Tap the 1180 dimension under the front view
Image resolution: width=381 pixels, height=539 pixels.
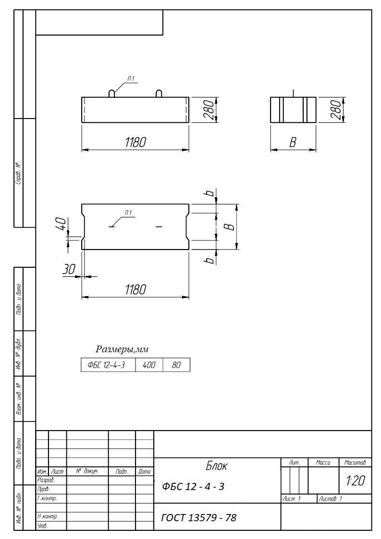coord(135,142)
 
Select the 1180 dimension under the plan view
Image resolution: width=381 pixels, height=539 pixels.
coord(135,289)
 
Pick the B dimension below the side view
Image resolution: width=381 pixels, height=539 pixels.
coord(293,143)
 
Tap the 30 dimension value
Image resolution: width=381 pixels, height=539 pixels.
coord(69,269)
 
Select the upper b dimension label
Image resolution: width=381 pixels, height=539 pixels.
coord(210,193)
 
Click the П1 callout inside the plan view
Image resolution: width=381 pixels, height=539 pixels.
coord(128,213)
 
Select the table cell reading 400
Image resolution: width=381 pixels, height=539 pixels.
coord(149,365)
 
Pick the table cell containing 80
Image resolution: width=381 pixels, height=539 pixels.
coord(176,365)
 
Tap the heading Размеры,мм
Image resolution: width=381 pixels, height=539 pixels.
coord(122,349)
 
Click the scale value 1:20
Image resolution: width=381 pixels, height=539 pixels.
coord(356,480)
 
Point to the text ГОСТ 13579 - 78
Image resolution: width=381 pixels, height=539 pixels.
coord(199,517)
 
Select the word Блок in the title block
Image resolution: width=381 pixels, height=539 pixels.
coord(217,466)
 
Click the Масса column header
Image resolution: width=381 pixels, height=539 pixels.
coord(323,463)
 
